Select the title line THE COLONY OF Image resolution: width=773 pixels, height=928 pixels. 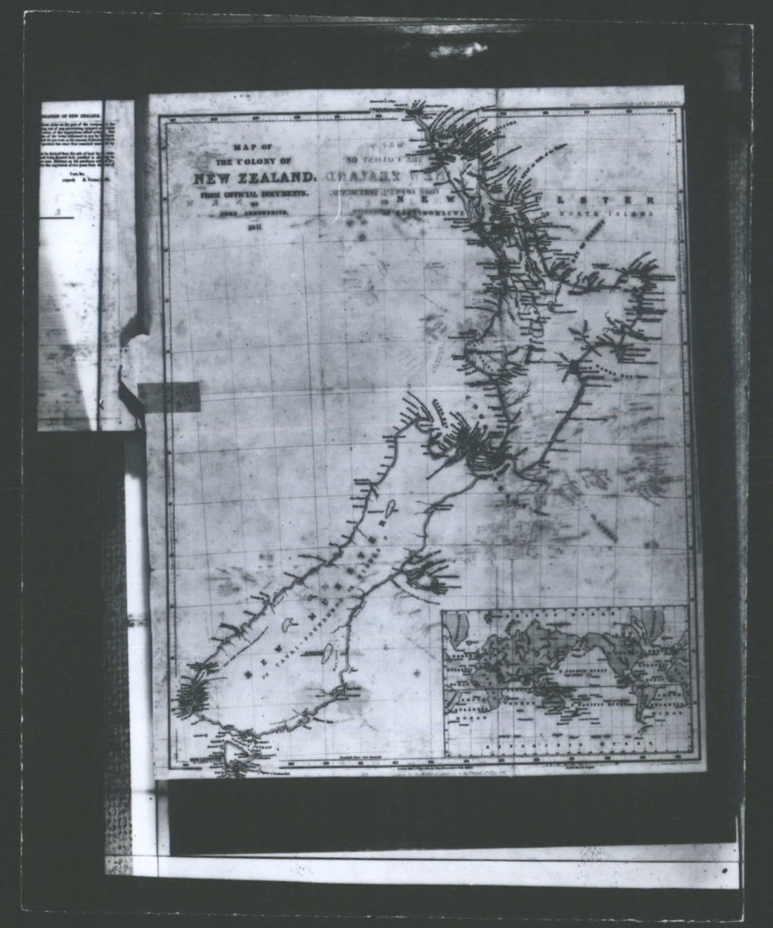pos(253,162)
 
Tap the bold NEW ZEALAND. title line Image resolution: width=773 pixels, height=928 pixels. pos(255,179)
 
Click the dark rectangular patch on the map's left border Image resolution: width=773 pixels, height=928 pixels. pos(169,396)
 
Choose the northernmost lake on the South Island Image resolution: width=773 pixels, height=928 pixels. pos(389,509)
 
